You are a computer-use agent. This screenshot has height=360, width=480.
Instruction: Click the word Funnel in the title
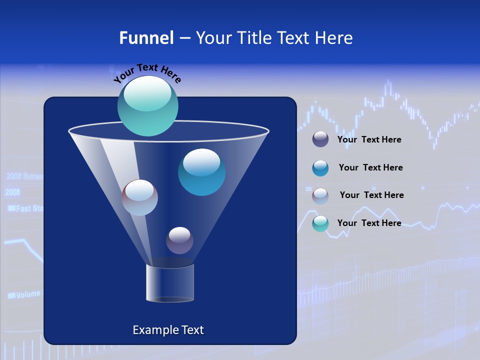pyautogui.click(x=146, y=38)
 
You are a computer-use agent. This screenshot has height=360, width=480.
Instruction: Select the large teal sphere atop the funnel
pyautogui.click(x=148, y=105)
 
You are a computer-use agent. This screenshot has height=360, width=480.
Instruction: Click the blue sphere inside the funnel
pyautogui.click(x=201, y=172)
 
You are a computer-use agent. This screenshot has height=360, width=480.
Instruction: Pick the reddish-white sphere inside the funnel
pyautogui.click(x=139, y=197)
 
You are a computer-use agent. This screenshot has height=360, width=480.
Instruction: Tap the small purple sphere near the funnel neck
pyautogui.click(x=179, y=240)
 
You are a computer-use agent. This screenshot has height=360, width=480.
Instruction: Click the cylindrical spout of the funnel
pyautogui.click(x=169, y=283)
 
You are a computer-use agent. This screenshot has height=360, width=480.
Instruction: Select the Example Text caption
pyautogui.click(x=168, y=330)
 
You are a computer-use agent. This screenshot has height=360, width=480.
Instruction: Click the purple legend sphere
pyautogui.click(x=320, y=139)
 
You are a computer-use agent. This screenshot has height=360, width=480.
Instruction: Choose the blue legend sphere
pyautogui.click(x=320, y=168)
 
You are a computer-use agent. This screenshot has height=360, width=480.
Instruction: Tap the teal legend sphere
pyautogui.click(x=320, y=223)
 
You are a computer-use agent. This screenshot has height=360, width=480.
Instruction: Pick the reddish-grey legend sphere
pyautogui.click(x=320, y=195)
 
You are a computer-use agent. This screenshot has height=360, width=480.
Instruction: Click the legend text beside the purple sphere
pyautogui.click(x=369, y=139)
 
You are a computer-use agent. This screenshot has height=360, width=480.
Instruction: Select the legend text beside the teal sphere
pyautogui.click(x=369, y=223)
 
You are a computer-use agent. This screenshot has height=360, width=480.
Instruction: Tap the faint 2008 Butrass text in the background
pyautogui.click(x=24, y=176)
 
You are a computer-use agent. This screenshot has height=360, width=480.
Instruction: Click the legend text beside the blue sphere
pyautogui.click(x=370, y=167)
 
